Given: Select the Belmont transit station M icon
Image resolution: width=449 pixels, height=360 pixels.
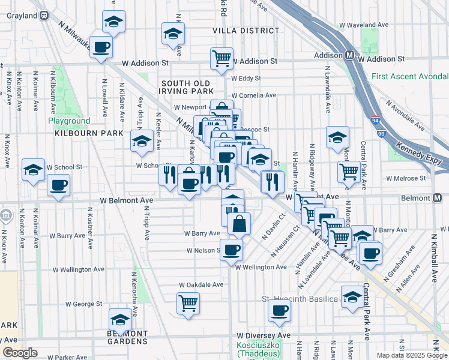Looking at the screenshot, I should (437, 198).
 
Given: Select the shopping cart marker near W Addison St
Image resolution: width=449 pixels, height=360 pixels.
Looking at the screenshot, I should (221, 59).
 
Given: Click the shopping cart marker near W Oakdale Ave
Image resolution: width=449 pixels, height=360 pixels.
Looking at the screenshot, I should (188, 303).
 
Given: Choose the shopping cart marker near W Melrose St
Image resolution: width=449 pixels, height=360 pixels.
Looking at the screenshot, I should (349, 172).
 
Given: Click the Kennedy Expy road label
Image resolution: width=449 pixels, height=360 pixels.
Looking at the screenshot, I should (421, 154).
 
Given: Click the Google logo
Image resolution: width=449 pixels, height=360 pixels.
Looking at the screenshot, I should (20, 353).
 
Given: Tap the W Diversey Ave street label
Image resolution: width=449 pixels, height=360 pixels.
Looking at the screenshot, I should (264, 335).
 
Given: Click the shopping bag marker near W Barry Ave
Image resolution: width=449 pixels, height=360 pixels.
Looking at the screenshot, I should (239, 223).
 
